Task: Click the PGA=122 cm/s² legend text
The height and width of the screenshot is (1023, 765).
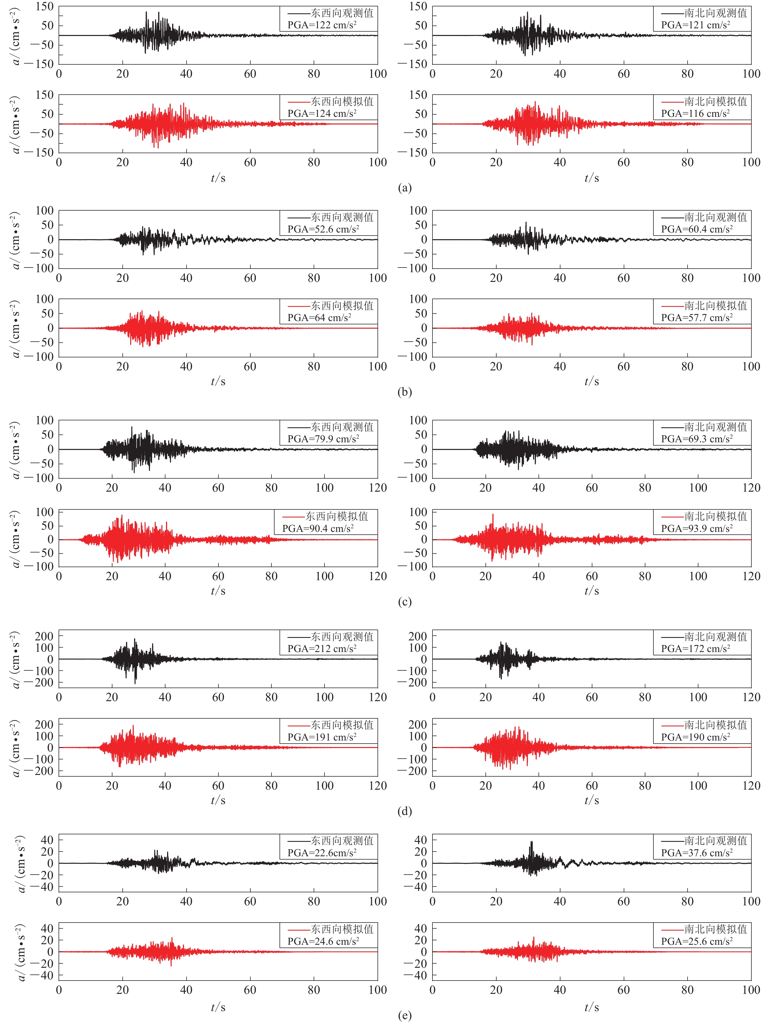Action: [x=322, y=25]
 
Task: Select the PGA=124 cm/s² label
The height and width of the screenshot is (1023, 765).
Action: [x=322, y=113]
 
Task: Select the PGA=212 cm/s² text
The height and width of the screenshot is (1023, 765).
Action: [x=322, y=649]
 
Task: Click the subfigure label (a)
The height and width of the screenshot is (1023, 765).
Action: [x=404, y=188]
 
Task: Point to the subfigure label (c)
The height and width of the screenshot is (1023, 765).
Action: [x=404, y=602]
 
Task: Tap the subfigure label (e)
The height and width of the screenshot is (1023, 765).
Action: [x=404, y=1016]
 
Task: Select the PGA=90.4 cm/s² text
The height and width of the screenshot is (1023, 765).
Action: [x=318, y=529]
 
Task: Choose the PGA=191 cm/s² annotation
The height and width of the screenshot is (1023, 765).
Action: [x=322, y=737]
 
